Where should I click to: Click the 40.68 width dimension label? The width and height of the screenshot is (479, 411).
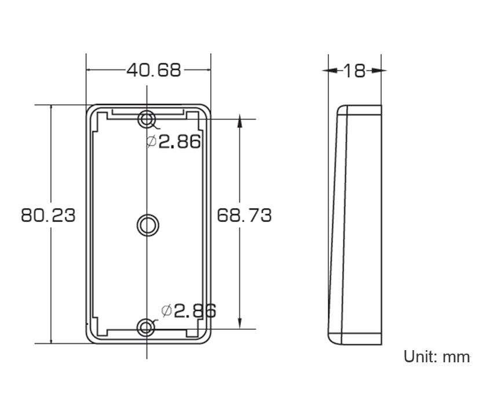click(x=154, y=70)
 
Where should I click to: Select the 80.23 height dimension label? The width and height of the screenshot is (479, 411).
click(x=48, y=215)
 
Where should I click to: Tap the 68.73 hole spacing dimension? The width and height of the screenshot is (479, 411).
click(x=244, y=215)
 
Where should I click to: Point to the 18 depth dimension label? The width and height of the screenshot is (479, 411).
click(x=354, y=71)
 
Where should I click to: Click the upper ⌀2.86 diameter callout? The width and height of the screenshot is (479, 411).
click(x=174, y=141)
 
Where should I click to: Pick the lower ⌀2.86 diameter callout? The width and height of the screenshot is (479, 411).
click(x=188, y=311)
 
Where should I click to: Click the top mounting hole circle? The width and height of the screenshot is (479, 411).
click(x=147, y=119)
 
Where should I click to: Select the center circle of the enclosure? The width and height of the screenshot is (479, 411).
click(x=148, y=225)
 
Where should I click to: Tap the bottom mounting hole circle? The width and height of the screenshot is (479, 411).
click(x=147, y=328)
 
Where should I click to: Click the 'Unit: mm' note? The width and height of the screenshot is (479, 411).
click(x=437, y=357)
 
